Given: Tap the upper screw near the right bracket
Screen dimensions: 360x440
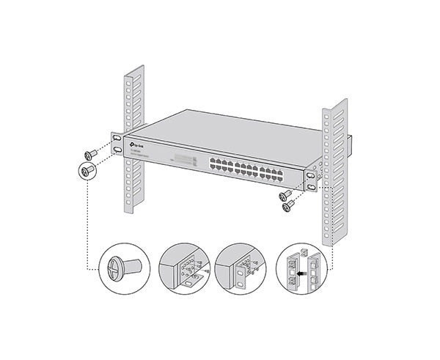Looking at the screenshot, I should coord(285,195).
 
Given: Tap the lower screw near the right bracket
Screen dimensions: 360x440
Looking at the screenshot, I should coord(289,206).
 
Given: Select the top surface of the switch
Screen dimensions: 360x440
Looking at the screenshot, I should coord(220,132).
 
